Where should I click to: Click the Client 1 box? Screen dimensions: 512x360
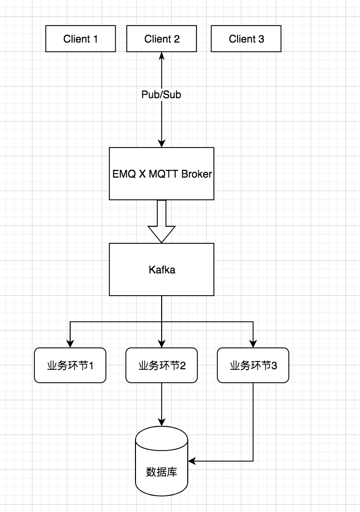point(81,39)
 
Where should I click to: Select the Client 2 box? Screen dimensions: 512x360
point(162,39)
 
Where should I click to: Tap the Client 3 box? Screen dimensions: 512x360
point(246,39)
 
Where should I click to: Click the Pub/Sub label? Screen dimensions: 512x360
point(161,95)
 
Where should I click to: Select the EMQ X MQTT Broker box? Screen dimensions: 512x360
point(162,173)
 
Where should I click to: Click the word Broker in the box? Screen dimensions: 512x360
point(196,174)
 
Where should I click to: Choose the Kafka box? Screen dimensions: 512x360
point(162,270)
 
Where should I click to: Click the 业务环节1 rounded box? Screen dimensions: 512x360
point(70,365)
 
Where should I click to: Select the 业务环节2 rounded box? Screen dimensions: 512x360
point(162,365)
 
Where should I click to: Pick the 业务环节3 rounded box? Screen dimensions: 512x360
point(253,365)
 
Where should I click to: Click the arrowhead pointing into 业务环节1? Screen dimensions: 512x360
point(70,343)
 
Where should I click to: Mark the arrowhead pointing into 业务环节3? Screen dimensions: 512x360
point(253,343)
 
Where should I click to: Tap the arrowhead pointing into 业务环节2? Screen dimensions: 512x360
point(162,343)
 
